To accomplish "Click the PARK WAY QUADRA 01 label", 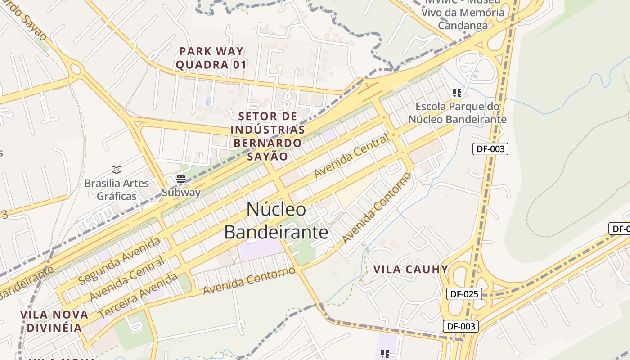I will coord(211,58).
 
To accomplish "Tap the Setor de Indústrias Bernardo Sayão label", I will coord(267,136).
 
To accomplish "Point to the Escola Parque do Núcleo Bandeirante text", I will coord(457,113).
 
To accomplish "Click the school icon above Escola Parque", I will coord(457,93).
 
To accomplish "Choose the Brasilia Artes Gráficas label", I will coord(117,189).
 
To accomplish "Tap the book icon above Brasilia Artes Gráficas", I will coord(117,170).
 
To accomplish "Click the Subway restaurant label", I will coord(181,193).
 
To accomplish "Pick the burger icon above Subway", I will coord(181,179).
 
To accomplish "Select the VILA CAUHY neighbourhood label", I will coord(411,270).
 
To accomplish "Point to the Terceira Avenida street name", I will coord(138,295).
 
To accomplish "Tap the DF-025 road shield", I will coord(464,294).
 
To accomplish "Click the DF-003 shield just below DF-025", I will coord(460,326).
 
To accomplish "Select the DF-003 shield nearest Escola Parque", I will coord(490,149).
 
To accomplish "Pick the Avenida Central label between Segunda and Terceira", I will coord(127,279).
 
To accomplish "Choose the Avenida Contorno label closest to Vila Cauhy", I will coord(377,208).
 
